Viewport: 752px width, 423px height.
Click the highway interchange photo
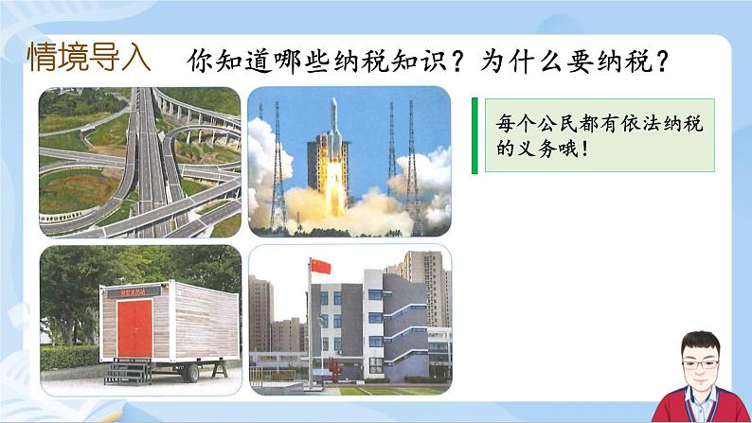coord(140,161)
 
